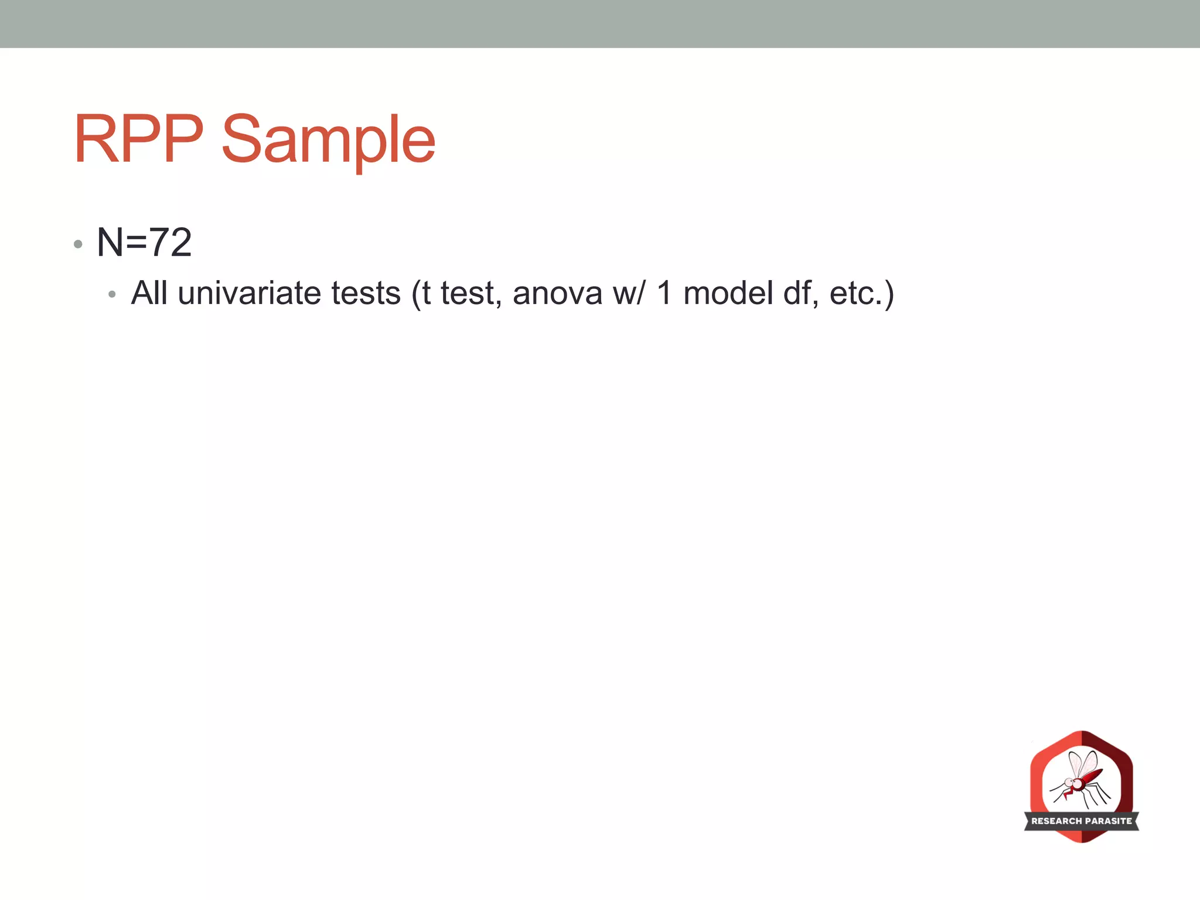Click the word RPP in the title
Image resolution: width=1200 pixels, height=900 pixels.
point(138,139)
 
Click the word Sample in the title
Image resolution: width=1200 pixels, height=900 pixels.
point(328,141)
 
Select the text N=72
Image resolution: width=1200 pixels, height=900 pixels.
point(144,242)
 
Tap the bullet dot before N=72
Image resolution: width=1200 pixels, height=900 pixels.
point(78,244)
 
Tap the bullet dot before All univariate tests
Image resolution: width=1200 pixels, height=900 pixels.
point(112,295)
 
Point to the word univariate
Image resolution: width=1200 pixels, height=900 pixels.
point(249,293)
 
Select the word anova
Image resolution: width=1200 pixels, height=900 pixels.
point(557,294)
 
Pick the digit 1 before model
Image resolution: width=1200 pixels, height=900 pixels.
point(663,293)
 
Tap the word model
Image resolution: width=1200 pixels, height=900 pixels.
point(728,293)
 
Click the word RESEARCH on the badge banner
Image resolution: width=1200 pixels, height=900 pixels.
point(1056,821)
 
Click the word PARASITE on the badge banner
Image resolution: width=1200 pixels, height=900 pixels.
point(1109,821)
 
